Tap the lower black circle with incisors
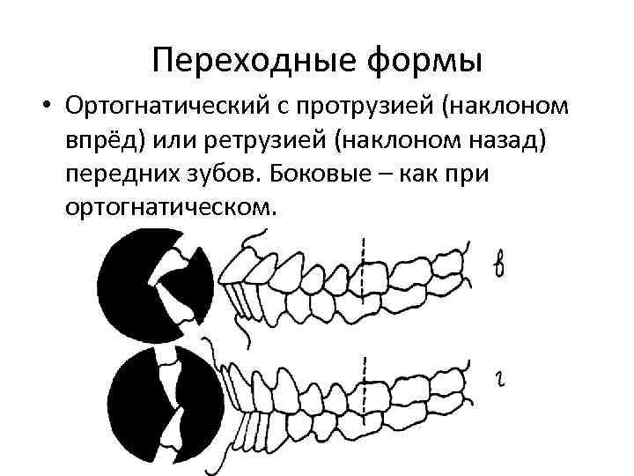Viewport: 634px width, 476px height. (x=154, y=397)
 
